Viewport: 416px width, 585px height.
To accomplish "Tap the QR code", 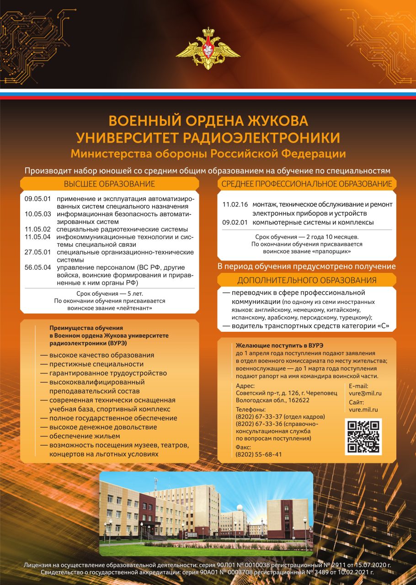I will pyautogui.click(x=363, y=437).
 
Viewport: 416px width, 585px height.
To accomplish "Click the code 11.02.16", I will pyautogui.click(x=235, y=205).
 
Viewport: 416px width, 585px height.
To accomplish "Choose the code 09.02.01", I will pyautogui.click(x=235, y=223).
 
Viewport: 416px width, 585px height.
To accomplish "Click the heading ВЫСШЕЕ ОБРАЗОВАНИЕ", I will pyautogui.click(x=109, y=184).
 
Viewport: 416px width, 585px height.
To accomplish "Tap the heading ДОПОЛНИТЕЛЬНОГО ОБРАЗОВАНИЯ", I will pyautogui.click(x=307, y=280).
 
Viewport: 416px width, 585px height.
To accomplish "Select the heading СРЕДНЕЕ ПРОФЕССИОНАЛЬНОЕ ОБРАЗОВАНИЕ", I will pyautogui.click(x=307, y=184).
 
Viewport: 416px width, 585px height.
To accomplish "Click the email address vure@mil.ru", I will pyautogui.click(x=365, y=393).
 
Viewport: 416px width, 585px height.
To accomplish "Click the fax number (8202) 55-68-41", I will pyautogui.click(x=259, y=454).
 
